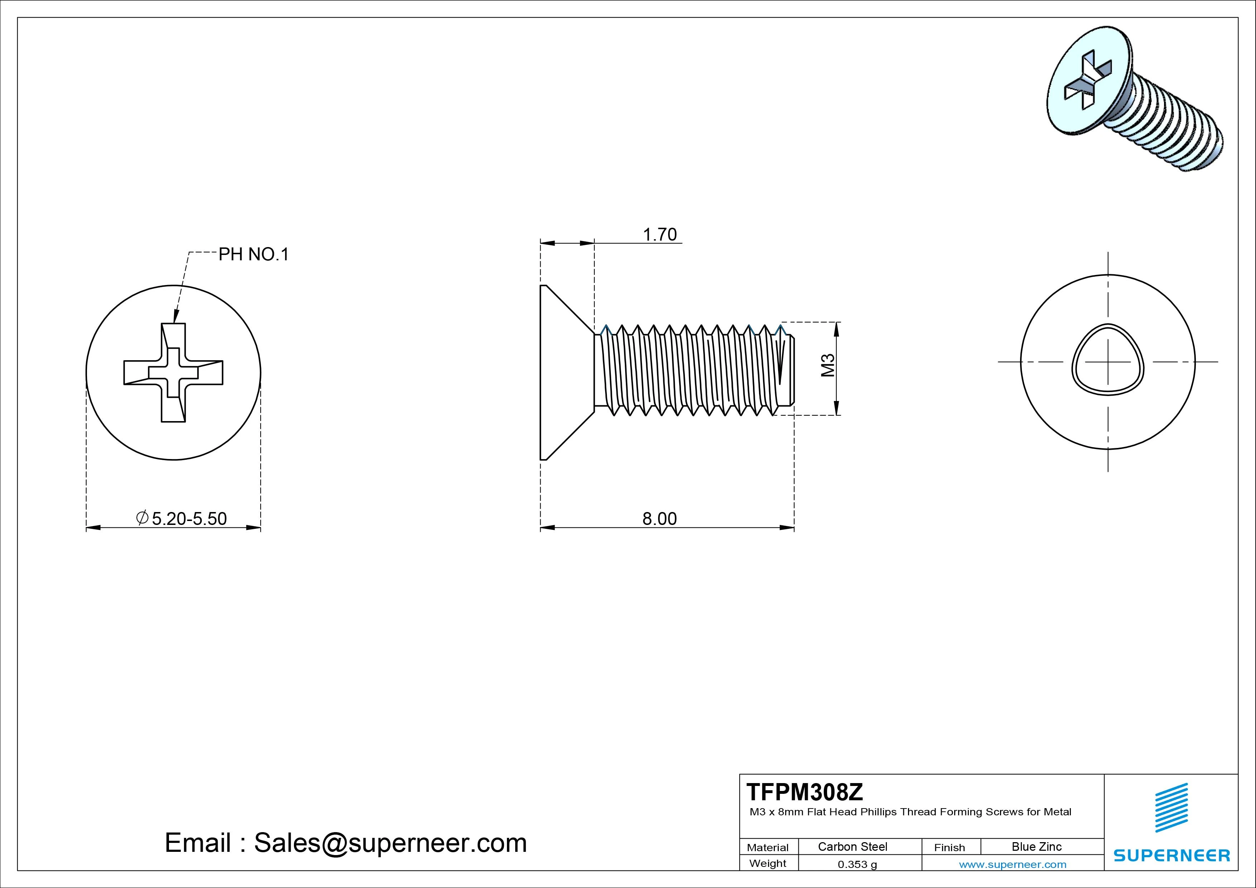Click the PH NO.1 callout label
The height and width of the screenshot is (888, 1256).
point(253,255)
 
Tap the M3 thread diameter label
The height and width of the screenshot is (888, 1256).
point(828,366)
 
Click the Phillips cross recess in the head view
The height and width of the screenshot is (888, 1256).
point(173,373)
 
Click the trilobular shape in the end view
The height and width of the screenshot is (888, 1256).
point(1108,366)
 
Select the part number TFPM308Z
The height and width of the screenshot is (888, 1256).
point(805,792)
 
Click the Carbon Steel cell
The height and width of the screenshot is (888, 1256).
point(852,846)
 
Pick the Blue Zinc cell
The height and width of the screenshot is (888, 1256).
point(1036,846)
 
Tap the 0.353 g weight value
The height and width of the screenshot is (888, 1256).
point(857,864)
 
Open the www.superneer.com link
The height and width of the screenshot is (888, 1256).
point(1013,864)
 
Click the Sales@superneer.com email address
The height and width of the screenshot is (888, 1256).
point(390,843)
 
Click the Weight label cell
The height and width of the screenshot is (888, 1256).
point(768,863)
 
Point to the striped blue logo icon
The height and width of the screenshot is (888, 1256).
point(1171,807)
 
